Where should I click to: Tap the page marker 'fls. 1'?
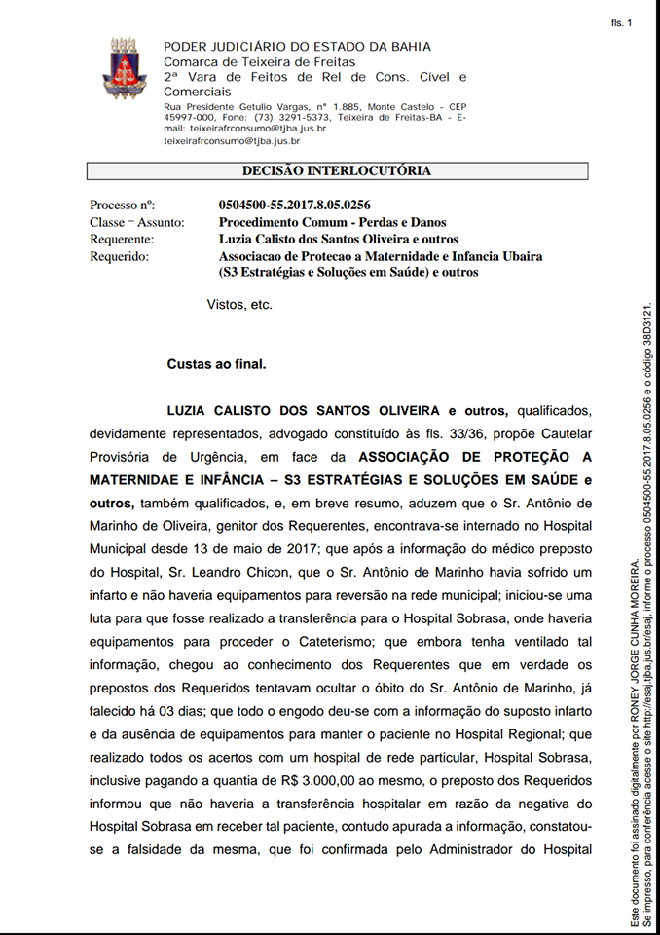(x=621, y=22)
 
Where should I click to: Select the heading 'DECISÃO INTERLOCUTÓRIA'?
(x=336, y=171)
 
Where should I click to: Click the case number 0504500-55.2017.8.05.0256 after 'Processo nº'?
(x=294, y=205)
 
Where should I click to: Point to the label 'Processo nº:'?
(x=122, y=205)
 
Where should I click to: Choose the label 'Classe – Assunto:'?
(x=136, y=222)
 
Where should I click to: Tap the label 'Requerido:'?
(x=119, y=257)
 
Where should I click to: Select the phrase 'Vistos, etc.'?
(x=239, y=305)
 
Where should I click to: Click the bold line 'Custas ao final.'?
(x=216, y=364)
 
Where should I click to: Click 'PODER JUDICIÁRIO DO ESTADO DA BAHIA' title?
(x=297, y=47)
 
